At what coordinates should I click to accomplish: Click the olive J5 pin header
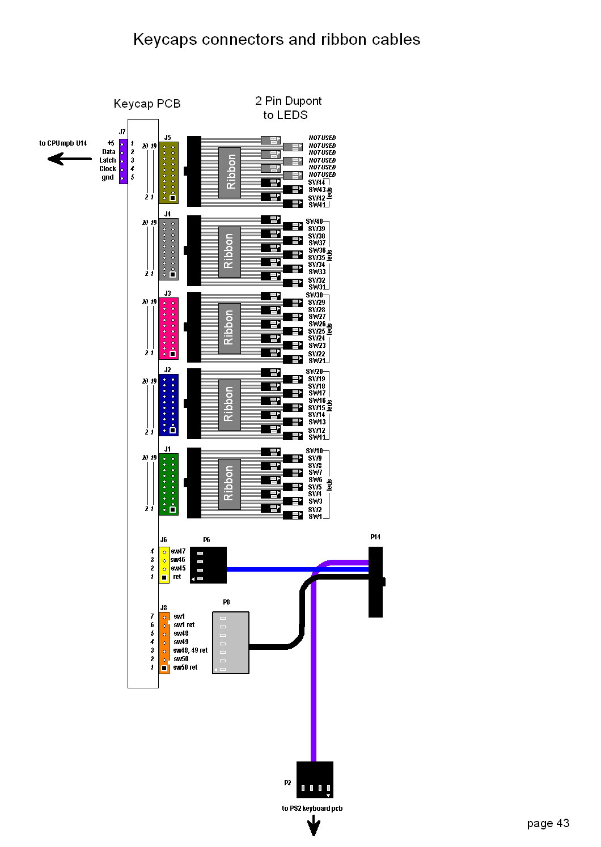[168, 172]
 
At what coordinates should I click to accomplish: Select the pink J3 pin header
[168, 328]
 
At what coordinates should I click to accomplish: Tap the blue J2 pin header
[168, 405]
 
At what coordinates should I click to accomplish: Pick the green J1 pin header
[168, 484]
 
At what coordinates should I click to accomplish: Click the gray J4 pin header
[168, 249]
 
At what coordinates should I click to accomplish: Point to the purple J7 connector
[123, 161]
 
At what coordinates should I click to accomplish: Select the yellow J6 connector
[164, 564]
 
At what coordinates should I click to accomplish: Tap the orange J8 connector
[164, 642]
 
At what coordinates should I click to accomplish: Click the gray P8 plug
[231, 642]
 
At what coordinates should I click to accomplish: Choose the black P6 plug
[208, 565]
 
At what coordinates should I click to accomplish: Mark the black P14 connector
[375, 582]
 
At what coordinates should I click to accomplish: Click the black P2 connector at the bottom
[315, 780]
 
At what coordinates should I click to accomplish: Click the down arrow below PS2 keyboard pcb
[314, 826]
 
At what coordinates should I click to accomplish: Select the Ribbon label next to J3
[229, 328]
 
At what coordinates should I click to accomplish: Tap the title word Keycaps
[165, 40]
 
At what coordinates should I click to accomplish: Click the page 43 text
[548, 823]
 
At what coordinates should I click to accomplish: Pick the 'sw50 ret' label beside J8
[185, 667]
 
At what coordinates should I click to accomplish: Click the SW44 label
[316, 182]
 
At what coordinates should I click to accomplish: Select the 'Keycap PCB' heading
[147, 104]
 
